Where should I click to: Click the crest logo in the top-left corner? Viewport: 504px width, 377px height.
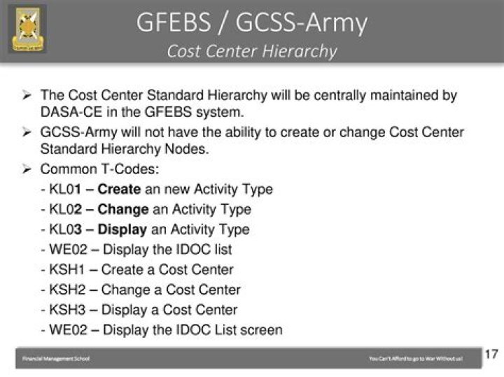(x=27, y=29)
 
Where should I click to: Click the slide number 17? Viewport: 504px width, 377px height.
(x=491, y=354)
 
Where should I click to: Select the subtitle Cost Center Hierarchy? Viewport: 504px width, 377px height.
(x=251, y=52)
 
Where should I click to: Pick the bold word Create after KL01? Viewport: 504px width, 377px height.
(x=120, y=189)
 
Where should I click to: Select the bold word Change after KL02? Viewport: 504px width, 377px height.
(x=122, y=209)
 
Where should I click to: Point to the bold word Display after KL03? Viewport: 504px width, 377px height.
(x=122, y=229)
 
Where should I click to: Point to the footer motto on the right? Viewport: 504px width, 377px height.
(x=415, y=359)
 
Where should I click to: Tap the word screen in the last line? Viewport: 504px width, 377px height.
(x=259, y=329)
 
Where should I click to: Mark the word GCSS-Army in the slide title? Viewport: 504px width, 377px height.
(x=301, y=22)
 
